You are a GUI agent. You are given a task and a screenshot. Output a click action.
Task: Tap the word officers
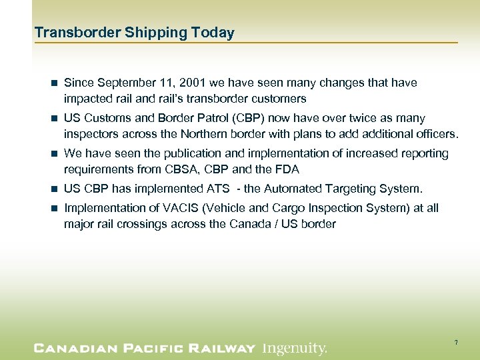coord(434,134)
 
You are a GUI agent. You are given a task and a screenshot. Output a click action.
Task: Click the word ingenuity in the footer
coord(294,348)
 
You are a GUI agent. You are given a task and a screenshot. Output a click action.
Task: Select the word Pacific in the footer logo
coord(147,348)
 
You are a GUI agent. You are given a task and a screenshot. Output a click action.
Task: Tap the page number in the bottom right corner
coord(456,343)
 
